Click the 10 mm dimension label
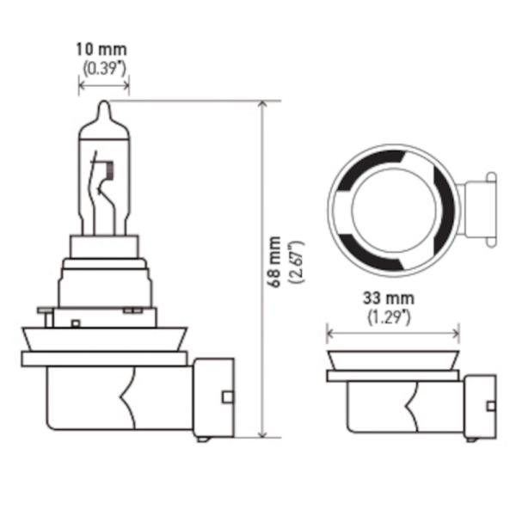(x=101, y=50)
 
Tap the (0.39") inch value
(x=104, y=69)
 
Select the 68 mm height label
(x=273, y=261)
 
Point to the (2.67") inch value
(x=296, y=262)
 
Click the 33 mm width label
(x=389, y=298)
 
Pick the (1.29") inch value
(x=389, y=317)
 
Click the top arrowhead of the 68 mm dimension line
(x=262, y=104)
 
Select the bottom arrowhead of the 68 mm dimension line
(x=262, y=434)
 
